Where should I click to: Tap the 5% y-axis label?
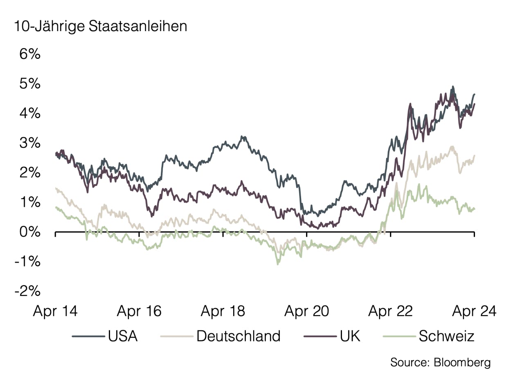30,84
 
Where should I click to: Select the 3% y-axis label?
30,143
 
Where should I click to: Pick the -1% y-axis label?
28,262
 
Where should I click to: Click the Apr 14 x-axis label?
55,312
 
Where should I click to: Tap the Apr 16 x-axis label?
139,312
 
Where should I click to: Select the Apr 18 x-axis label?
223,312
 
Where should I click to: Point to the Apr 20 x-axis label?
307,312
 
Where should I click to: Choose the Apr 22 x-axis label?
391,312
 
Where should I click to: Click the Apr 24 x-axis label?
474,312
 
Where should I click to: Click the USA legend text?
123,336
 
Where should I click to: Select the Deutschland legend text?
239,336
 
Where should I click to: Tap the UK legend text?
350,336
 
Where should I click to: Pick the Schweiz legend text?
447,336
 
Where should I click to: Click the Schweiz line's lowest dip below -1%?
278,264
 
